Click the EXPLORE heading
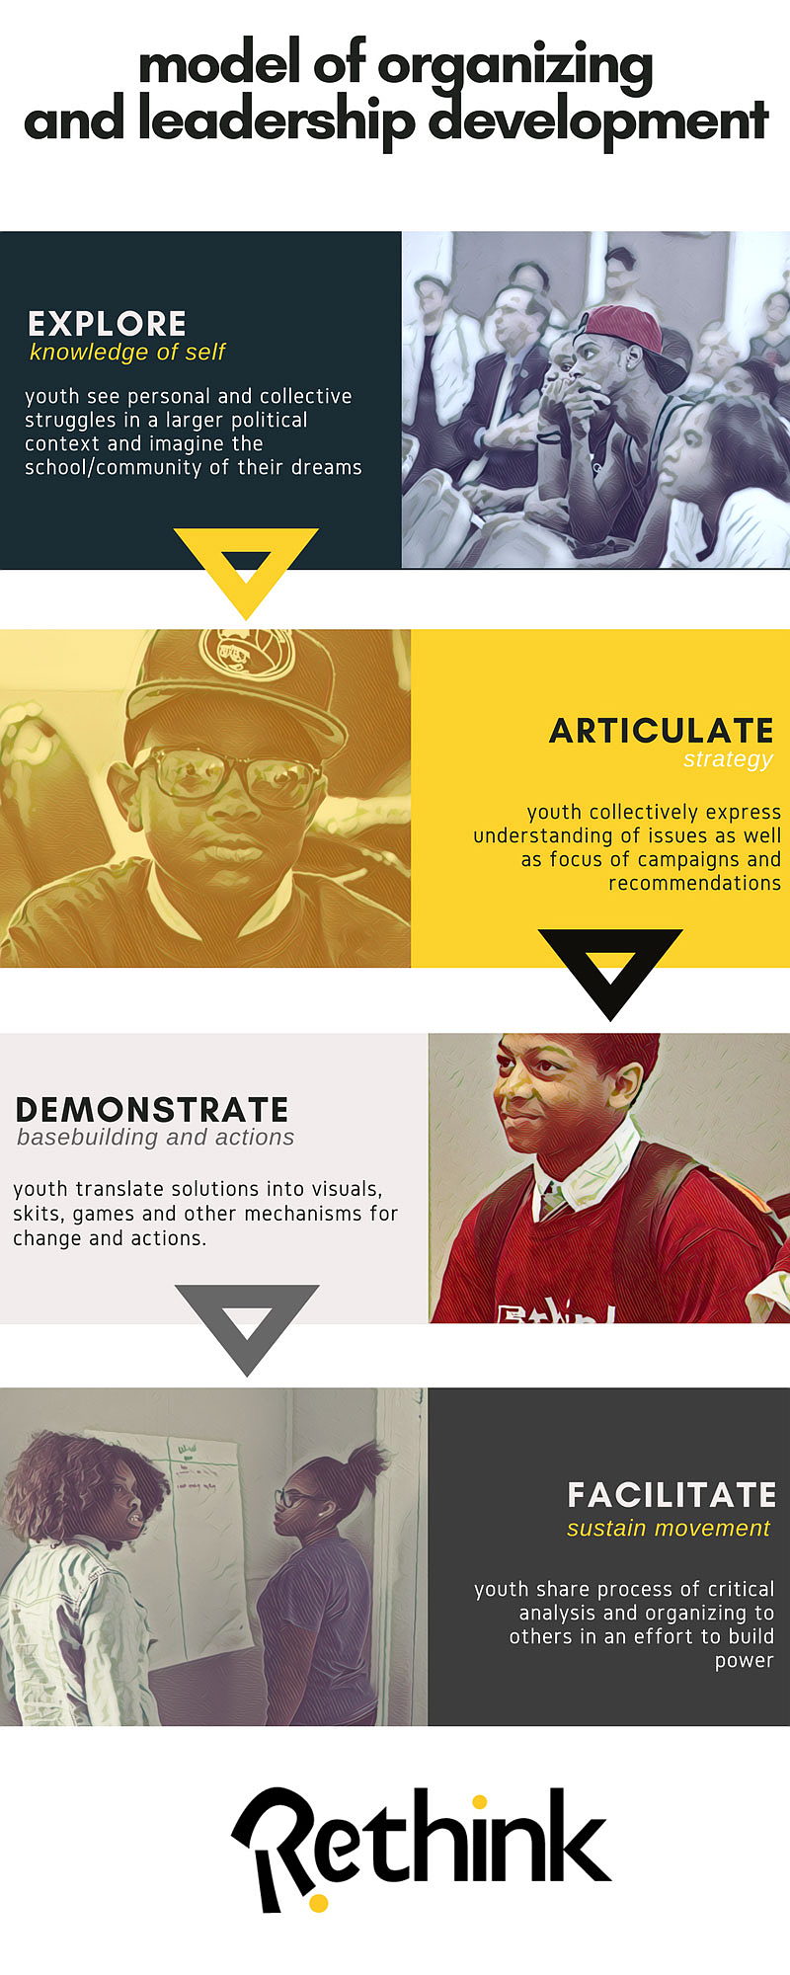[107, 324]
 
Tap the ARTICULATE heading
[661, 731]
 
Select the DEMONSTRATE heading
[152, 1109]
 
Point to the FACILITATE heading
[671, 1495]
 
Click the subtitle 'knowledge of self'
[127, 353]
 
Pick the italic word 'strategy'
[728, 759]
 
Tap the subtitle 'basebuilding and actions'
[155, 1137]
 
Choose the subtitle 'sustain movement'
[668, 1529]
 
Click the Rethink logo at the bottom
[422, 1849]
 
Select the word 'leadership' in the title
[276, 121]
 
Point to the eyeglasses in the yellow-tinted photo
[229, 774]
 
